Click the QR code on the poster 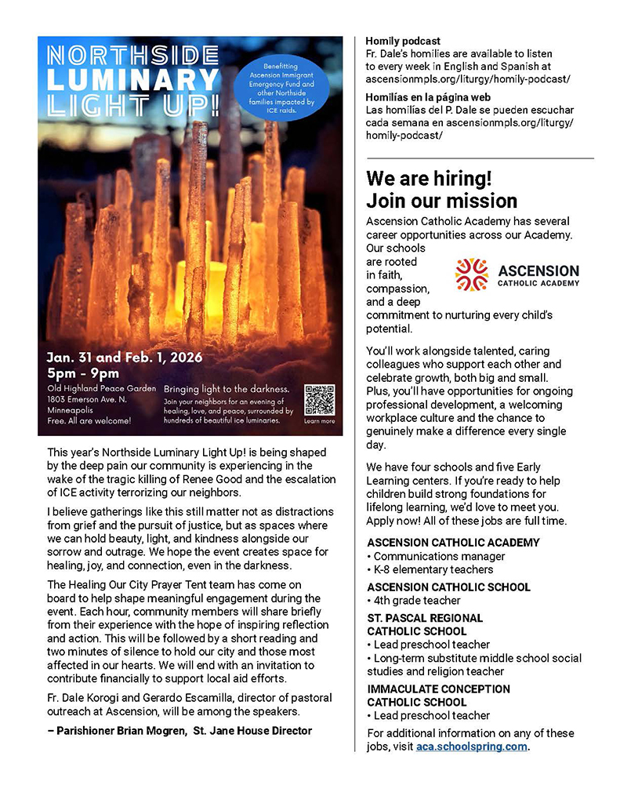[x=319, y=400]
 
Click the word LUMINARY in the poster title [x=132, y=80]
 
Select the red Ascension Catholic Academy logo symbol [x=471, y=274]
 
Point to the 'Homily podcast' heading [x=403, y=41]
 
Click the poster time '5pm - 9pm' [x=83, y=373]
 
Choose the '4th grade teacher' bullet [x=416, y=600]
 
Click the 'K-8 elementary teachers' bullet [x=433, y=569]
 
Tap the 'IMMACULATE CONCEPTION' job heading [x=438, y=689]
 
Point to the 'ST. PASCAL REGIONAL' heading [x=425, y=618]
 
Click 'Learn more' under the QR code [x=319, y=421]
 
